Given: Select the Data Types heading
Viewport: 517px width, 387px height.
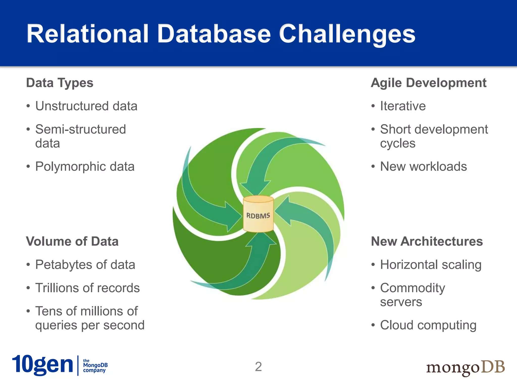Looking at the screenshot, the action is [x=60, y=83].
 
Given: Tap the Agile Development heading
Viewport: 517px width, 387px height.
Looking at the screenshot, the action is [x=428, y=83].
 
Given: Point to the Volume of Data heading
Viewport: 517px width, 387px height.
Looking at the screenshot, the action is [x=72, y=241].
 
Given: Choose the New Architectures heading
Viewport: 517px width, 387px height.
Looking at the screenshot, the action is [x=427, y=241].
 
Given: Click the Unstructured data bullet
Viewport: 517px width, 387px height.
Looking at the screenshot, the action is [x=86, y=106].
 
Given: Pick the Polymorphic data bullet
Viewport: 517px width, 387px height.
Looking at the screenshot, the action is [x=85, y=167].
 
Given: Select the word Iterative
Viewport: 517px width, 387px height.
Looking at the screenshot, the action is [x=403, y=106].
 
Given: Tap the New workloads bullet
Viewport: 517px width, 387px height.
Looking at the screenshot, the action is [x=423, y=167].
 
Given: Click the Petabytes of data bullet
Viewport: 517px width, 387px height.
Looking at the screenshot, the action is [x=85, y=265].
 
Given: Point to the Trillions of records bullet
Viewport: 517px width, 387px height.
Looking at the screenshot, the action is [x=87, y=288].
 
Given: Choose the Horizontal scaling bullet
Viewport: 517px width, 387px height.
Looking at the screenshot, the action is [x=431, y=265].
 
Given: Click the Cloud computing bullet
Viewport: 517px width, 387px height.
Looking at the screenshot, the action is [x=428, y=325].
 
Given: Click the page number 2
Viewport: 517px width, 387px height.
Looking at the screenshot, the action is [x=258, y=367].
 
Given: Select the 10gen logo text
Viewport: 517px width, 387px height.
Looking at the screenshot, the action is [x=42, y=365].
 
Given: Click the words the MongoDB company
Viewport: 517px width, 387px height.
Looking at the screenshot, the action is [x=95, y=366].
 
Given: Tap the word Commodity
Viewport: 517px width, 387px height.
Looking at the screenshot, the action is [x=412, y=288].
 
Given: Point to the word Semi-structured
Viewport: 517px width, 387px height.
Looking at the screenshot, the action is [x=81, y=130].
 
